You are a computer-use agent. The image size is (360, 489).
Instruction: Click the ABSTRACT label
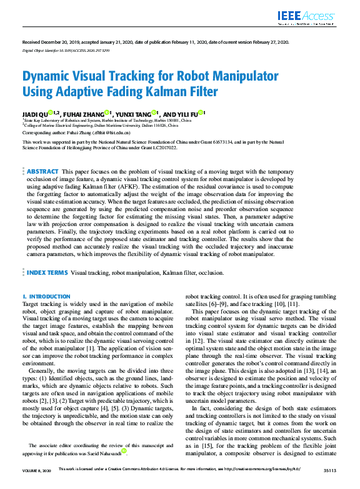tap(42, 171)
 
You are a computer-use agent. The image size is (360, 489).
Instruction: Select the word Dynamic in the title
tap(49, 77)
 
